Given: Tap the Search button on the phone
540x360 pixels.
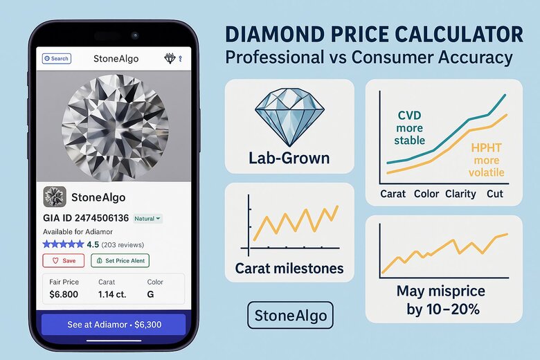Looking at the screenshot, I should [x=56, y=59].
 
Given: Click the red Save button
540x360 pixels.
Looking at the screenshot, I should [x=63, y=260].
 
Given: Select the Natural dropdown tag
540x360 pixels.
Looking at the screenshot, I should [x=147, y=218].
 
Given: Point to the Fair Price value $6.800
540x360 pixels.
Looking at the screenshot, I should [x=64, y=294].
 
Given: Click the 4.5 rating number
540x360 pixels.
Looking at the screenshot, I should [x=93, y=244].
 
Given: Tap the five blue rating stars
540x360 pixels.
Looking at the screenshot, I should [x=63, y=244].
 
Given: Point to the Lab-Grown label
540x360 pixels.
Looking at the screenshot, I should [x=289, y=159].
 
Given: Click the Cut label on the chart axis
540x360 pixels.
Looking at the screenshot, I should [x=495, y=194].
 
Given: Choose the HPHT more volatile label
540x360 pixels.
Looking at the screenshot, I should [x=487, y=160].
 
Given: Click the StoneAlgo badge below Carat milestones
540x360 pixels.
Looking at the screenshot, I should [x=289, y=315].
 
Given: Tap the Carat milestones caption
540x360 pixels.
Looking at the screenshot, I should [x=289, y=268].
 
